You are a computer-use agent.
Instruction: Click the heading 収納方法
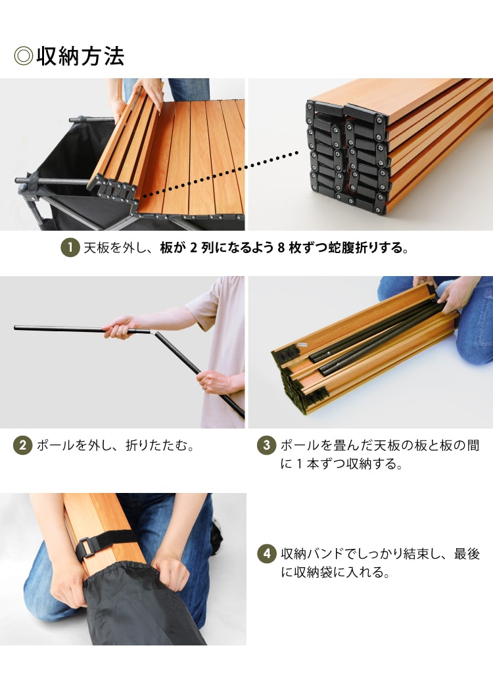click(x=81, y=56)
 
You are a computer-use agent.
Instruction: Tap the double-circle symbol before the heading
click(x=23, y=56)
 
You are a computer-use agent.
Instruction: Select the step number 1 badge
click(x=70, y=248)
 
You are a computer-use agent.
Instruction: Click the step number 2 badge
click(x=23, y=445)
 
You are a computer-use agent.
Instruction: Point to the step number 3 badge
click(x=266, y=445)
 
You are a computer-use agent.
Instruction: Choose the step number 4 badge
click(x=266, y=553)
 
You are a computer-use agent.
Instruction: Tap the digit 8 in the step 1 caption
click(x=281, y=248)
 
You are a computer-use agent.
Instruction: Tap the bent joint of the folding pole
click(x=153, y=333)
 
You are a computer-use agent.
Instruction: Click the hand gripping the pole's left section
click(x=119, y=327)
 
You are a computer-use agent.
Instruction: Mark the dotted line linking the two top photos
click(x=220, y=175)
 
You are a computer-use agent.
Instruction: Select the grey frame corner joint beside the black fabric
click(x=27, y=190)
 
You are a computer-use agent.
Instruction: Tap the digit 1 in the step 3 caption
click(x=299, y=464)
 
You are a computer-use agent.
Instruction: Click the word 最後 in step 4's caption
click(x=467, y=553)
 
